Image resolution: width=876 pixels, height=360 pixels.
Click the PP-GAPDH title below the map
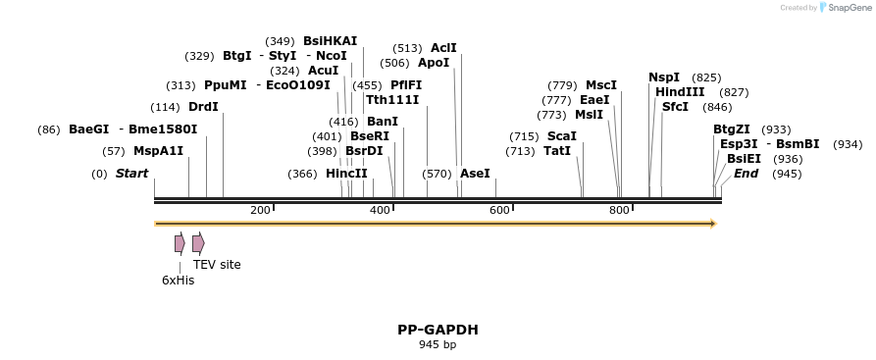pyautogui.click(x=438, y=330)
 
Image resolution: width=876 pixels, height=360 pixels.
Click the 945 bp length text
pyautogui.click(x=438, y=344)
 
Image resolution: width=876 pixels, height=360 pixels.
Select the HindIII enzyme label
pyautogui.click(x=680, y=92)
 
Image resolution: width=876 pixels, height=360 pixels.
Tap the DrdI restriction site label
pyautogui.click(x=203, y=107)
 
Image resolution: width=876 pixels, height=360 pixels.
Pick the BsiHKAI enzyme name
pyautogui.click(x=331, y=41)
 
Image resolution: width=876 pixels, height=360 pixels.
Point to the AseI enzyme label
pyautogui.click(x=475, y=174)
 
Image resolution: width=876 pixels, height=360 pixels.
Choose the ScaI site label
pyautogui.click(x=561, y=136)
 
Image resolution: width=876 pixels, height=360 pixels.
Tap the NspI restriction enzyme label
pyautogui.click(x=664, y=77)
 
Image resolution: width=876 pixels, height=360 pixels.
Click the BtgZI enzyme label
pyautogui.click(x=732, y=129)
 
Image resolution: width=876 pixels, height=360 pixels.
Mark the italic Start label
pyautogui.click(x=131, y=174)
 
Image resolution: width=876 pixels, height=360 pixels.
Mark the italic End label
pyautogui.click(x=746, y=174)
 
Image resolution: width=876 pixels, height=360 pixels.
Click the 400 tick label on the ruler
pyautogui.click(x=380, y=210)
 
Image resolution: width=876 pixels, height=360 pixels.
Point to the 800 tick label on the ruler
pyautogui.click(x=619, y=210)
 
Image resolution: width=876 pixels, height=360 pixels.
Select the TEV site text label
pyautogui.click(x=217, y=265)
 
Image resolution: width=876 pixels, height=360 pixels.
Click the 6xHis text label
pyautogui.click(x=179, y=281)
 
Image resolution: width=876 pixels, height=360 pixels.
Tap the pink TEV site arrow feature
pyautogui.click(x=198, y=243)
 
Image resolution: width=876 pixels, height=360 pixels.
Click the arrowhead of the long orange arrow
pyautogui.click(x=714, y=224)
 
